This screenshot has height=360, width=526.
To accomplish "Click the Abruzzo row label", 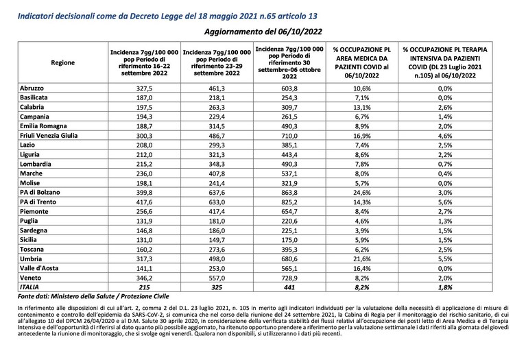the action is point(32,88).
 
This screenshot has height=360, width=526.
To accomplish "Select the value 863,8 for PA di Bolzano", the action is point(289,193).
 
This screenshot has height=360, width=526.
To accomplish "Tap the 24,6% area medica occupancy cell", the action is point(361,193).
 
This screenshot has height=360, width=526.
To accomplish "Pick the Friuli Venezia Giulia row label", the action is point(49,136).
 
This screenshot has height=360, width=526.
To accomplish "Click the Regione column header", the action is point(62,62).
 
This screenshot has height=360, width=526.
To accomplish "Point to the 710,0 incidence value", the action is point(289,136).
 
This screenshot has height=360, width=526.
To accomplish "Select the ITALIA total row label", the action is point(29,287).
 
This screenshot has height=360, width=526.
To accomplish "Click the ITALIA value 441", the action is point(289,287).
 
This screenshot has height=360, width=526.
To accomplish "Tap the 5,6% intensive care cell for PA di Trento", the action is point(445,202).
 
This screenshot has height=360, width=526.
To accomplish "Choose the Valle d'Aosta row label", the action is point(39,268).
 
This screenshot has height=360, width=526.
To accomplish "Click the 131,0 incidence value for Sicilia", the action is point(144,240).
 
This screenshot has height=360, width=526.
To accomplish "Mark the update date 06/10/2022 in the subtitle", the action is point(300,32).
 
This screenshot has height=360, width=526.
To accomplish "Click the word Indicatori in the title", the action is point(35,16).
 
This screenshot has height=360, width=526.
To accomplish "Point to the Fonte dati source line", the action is point(93,297).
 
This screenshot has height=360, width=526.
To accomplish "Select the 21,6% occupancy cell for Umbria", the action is point(361,259).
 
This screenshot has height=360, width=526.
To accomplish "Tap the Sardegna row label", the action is point(34,230).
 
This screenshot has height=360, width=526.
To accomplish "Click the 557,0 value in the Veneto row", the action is point(217,278).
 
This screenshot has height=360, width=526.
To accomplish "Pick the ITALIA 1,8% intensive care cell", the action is point(445,287).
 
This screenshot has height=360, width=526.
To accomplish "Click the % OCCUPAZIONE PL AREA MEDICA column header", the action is point(361,62).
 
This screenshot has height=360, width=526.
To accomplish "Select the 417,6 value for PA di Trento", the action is point(144,202).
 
